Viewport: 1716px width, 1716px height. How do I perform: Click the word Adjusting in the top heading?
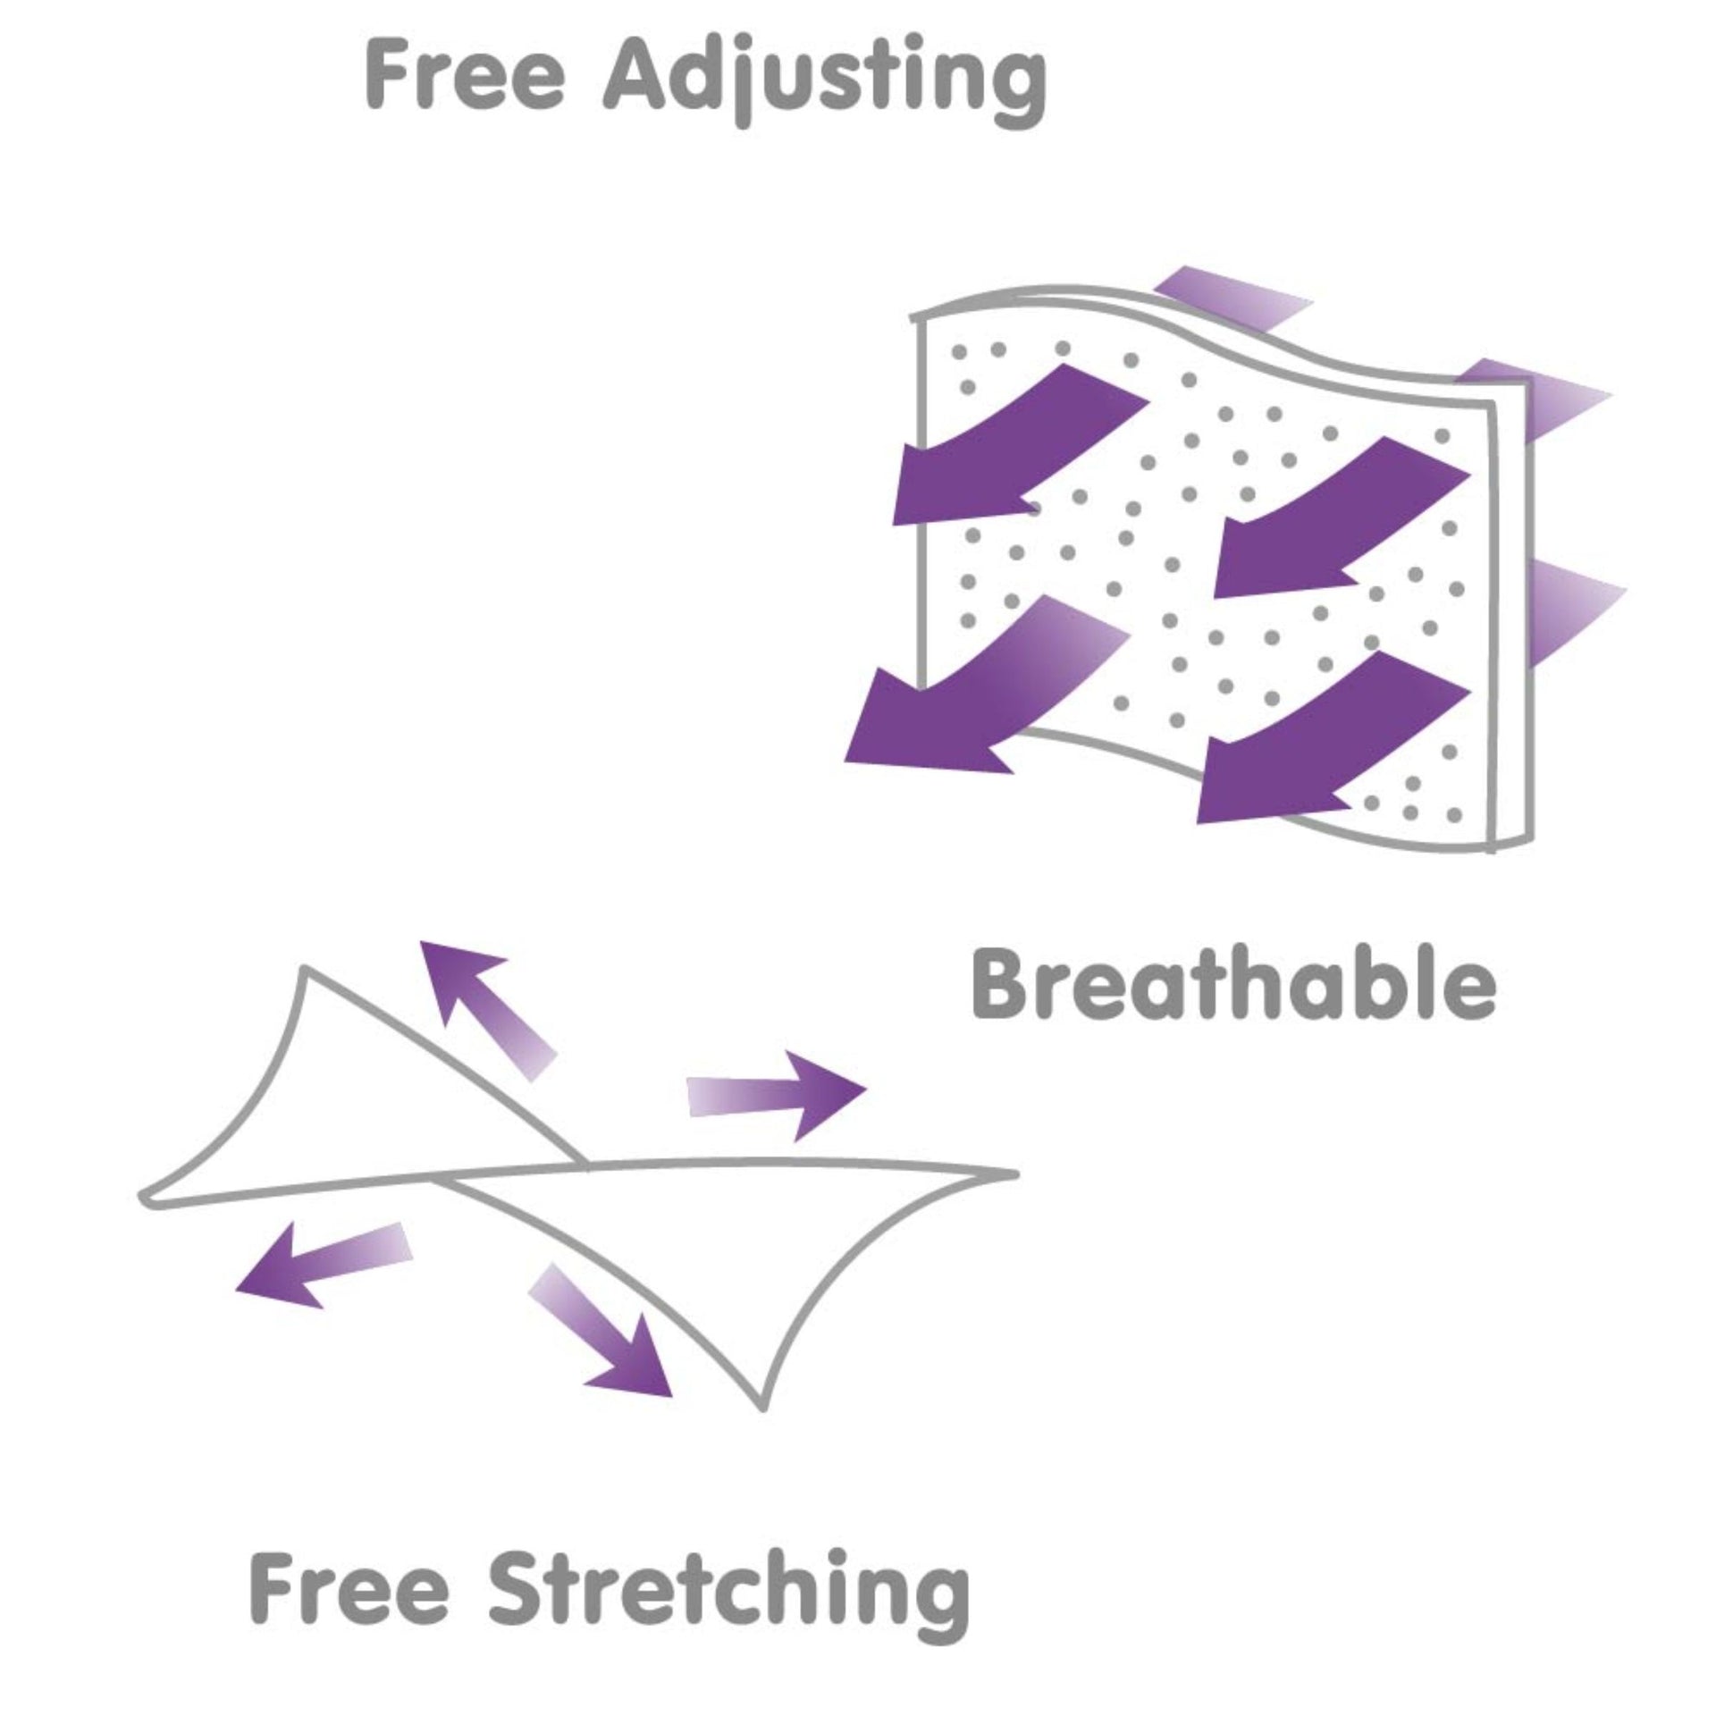click(x=824, y=85)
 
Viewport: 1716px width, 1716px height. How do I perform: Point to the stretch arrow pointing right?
click(x=776, y=1096)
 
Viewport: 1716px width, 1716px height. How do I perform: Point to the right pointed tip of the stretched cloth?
click(x=1015, y=1173)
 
